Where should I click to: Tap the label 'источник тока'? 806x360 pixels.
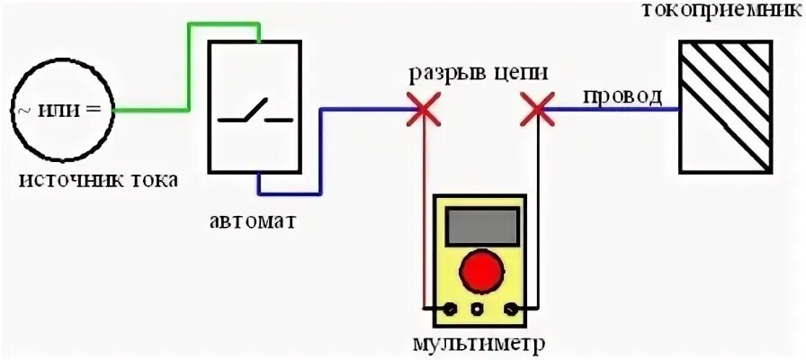(99, 180)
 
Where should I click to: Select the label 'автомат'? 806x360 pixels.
(254, 220)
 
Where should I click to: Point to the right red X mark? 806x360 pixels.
(538, 111)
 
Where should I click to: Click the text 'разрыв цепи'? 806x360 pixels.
(479, 72)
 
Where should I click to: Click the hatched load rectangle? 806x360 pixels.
(726, 107)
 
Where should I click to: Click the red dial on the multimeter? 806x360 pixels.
(478, 269)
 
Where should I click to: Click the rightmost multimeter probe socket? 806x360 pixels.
(509, 310)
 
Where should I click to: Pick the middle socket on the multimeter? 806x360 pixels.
(478, 310)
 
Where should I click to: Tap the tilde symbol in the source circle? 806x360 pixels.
(23, 110)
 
